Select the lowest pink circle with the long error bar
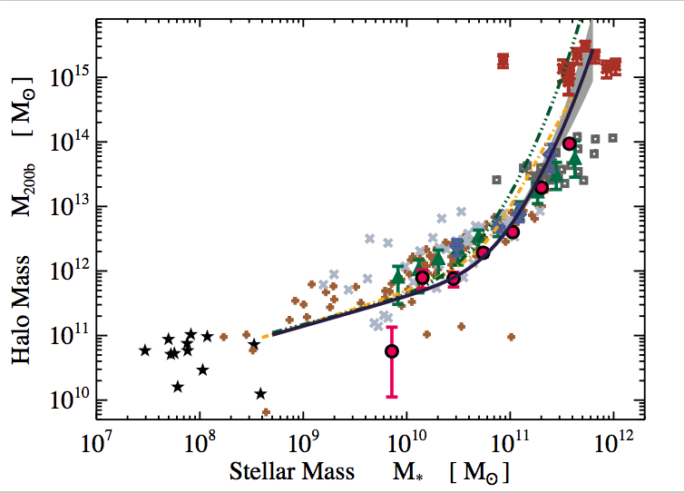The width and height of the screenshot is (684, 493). (392, 350)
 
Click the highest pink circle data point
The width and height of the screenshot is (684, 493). (570, 143)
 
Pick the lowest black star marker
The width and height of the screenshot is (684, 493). (261, 393)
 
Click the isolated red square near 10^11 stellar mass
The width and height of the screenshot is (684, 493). (503, 61)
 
